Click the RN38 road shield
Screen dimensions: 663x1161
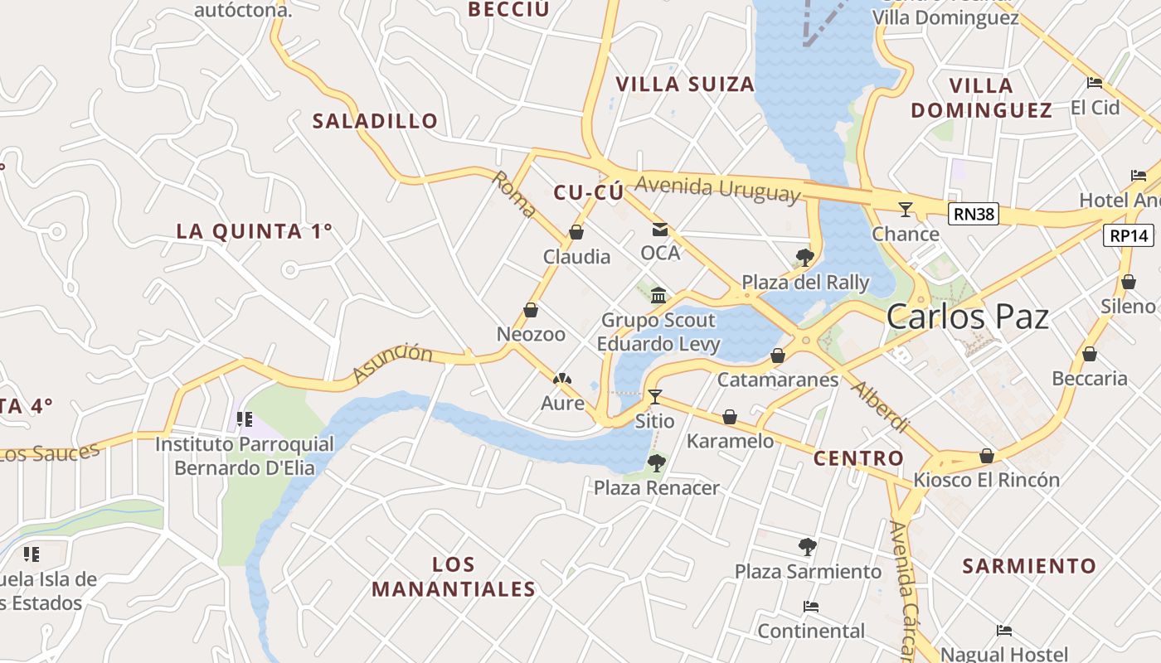click(974, 215)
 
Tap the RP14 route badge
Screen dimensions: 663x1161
click(1129, 235)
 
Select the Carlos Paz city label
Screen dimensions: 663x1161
click(968, 317)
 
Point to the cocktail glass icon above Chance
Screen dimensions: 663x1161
click(906, 210)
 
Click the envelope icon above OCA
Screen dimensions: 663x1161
click(660, 230)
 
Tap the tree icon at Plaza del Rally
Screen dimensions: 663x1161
click(804, 257)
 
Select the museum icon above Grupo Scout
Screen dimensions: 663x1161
click(658, 295)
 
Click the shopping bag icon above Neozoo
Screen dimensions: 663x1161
click(531, 310)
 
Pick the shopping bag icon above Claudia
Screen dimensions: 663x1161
click(576, 232)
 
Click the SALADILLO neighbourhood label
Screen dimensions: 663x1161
click(375, 121)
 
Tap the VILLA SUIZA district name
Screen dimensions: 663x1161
click(685, 85)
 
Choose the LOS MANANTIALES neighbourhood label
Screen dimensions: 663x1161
click(454, 577)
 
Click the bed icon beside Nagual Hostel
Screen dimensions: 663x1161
click(1004, 631)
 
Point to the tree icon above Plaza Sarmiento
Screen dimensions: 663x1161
click(807, 547)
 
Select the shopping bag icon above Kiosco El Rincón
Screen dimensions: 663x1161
click(987, 456)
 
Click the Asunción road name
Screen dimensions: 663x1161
click(393, 363)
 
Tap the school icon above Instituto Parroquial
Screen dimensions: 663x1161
click(244, 419)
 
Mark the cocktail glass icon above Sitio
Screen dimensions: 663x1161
click(655, 397)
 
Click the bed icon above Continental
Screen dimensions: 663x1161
click(811, 607)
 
